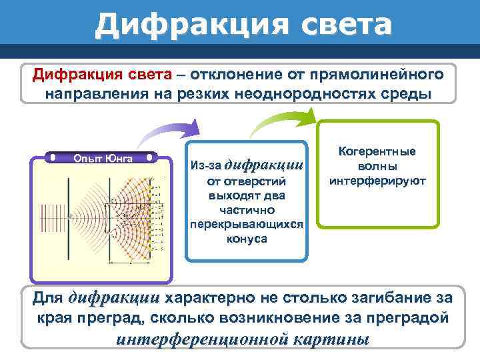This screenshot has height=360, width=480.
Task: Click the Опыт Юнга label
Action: (x=103, y=158)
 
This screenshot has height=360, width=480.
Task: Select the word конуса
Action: (x=247, y=239)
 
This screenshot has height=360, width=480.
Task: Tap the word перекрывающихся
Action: (x=247, y=225)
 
